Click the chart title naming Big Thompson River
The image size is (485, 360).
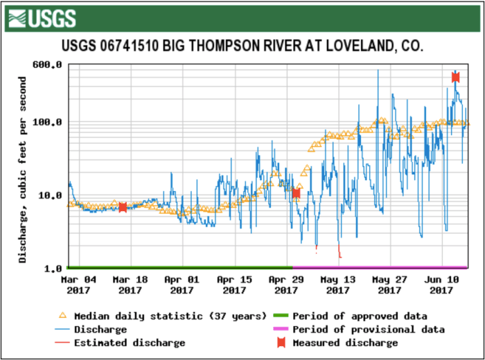[242, 46]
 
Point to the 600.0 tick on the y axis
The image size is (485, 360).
[49, 65]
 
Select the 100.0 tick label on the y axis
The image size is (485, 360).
[49, 123]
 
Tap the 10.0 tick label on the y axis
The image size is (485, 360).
[52, 195]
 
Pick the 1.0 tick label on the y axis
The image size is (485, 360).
[54, 268]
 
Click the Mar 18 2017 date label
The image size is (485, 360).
[130, 285]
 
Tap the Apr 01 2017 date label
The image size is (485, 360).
[182, 285]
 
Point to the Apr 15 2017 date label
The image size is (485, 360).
[233, 285]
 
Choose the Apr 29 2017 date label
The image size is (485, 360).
[285, 285]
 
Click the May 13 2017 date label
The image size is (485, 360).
[337, 285]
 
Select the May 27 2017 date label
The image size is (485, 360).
[389, 285]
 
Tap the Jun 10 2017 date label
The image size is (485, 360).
[441, 285]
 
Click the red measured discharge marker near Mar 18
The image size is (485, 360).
[123, 207]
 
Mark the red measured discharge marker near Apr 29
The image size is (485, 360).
[296, 193]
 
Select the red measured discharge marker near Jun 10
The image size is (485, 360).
[455, 77]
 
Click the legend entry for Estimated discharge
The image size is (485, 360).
[130, 343]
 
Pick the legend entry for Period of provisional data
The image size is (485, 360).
[368, 330]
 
